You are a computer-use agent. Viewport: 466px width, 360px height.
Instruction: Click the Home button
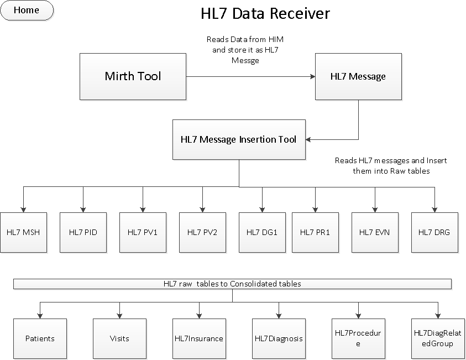coord(27,11)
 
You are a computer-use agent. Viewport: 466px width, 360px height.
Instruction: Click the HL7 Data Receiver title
coord(265,13)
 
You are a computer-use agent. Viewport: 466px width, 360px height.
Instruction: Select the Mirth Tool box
coord(133,76)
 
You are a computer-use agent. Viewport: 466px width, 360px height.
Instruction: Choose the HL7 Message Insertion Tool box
coord(238,139)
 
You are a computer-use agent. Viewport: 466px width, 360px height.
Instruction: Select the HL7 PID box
coord(83,232)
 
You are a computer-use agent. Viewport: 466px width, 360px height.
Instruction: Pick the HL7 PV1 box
coord(143,232)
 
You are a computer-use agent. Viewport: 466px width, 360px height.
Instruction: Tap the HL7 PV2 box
coord(202,232)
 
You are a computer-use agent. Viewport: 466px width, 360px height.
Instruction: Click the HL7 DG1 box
coord(262,232)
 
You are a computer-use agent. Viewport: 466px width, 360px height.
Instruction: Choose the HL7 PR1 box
coord(315,232)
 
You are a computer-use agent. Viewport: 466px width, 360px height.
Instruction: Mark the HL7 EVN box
coord(375,232)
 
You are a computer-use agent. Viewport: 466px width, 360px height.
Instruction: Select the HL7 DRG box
coord(434,232)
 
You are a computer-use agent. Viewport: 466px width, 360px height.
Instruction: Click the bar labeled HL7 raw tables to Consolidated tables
coord(232,284)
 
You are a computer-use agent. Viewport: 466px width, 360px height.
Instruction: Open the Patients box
coord(40,338)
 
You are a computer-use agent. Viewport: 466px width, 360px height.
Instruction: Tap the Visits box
coord(119,338)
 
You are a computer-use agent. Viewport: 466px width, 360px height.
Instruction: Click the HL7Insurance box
coord(199,338)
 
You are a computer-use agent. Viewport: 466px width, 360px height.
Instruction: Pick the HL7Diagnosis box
coord(279,338)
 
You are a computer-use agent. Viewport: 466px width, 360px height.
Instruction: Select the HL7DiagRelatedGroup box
coord(437,338)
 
